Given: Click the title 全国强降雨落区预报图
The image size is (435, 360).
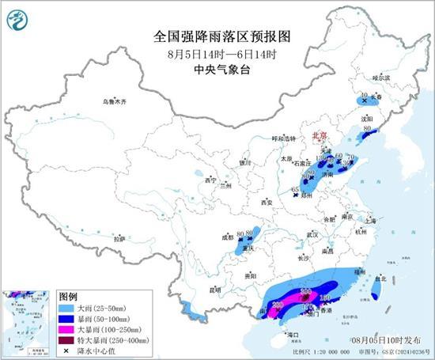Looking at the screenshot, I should [218, 36].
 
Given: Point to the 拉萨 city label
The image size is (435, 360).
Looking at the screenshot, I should [119, 238].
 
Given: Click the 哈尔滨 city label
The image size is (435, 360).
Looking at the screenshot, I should [381, 78].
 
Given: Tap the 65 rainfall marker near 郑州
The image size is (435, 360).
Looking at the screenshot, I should [295, 190].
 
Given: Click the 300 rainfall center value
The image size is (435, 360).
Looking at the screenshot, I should [305, 291].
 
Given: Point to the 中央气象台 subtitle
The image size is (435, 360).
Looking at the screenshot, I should [218, 70].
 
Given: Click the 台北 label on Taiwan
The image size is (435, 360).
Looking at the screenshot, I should [381, 279].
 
